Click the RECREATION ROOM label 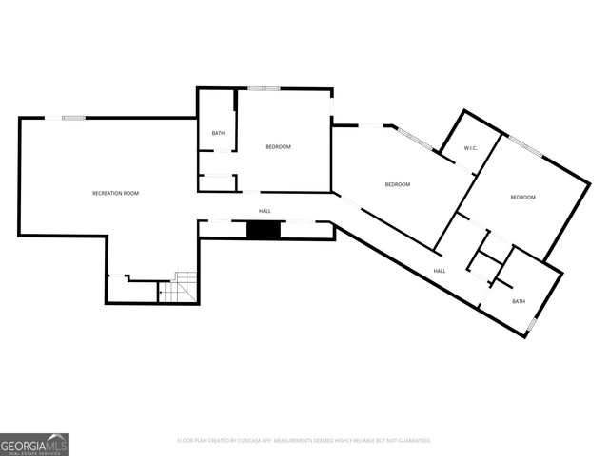pos(115,193)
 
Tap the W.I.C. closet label pos(470,149)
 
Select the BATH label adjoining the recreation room pos(218,133)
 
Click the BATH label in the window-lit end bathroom pos(518,301)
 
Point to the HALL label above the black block pos(265,211)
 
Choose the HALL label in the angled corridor pos(440,271)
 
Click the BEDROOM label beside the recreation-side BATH pos(278,146)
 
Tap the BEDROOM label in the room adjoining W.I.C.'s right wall pos(522,197)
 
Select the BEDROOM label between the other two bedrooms pos(397,184)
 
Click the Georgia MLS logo pos(34,444)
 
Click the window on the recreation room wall pos(74,118)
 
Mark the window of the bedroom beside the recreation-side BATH pos(265,89)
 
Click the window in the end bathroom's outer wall pos(532,326)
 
